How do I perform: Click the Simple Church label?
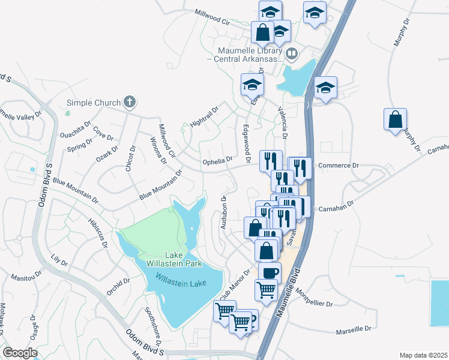coord(93,103)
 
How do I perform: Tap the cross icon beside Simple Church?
coord(129,102)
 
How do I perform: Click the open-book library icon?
coord(291,54)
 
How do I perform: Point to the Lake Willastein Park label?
coord(167,259)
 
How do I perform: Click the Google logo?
coord(20,353)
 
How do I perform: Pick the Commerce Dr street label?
coord(338,165)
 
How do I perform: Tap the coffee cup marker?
coord(270,272)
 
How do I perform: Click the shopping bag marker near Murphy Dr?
coord(395,119)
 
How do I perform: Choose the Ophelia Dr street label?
coord(217,160)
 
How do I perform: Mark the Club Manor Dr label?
coord(234,286)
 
